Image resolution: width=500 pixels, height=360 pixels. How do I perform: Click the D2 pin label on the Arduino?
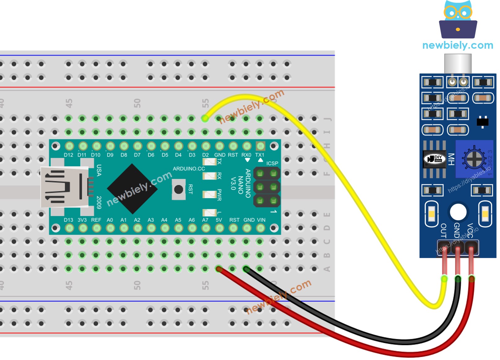pyautogui.click(x=205, y=155)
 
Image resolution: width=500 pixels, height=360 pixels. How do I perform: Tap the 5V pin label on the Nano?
pyautogui.click(x=219, y=220)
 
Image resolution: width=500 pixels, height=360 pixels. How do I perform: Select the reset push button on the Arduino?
pyautogui.click(x=179, y=189)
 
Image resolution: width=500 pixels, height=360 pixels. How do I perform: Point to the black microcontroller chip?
pyautogui.click(x=132, y=189)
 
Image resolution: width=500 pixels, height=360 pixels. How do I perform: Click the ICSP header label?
pyautogui.click(x=272, y=163)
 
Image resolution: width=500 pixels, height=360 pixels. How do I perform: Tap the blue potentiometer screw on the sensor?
pyautogui.click(x=474, y=159)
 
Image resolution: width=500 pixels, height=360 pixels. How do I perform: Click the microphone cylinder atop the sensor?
pyautogui.click(x=458, y=63)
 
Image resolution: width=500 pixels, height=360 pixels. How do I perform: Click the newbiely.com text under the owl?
pyautogui.click(x=458, y=45)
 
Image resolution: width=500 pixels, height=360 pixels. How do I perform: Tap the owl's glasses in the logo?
pyautogui.click(x=458, y=13)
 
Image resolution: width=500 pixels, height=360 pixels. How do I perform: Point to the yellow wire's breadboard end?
pyautogui.click(x=205, y=118)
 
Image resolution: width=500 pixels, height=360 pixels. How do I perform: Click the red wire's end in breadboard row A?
pyautogui.click(x=219, y=269)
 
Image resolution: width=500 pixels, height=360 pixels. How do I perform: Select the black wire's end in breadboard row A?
pyautogui.click(x=246, y=269)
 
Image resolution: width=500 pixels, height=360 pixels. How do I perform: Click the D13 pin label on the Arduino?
pyautogui.click(x=68, y=220)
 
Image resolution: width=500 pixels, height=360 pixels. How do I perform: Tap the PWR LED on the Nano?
pyautogui.click(x=209, y=194)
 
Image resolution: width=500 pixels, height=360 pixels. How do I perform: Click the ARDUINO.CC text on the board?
pyautogui.click(x=189, y=169)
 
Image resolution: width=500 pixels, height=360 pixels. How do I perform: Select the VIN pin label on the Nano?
pyautogui.click(x=261, y=220)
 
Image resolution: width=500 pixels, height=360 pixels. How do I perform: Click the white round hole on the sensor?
pyautogui.click(x=458, y=212)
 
